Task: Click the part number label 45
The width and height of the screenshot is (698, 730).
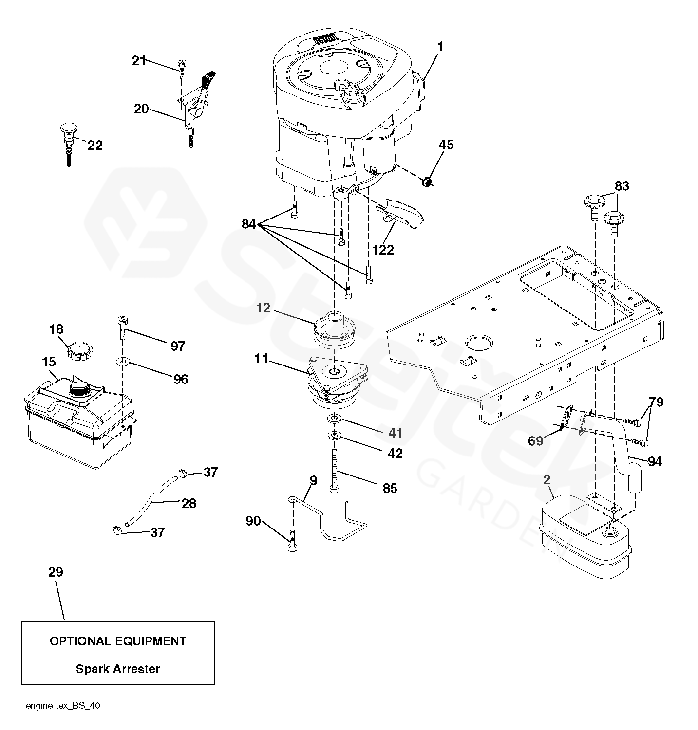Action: [x=446, y=145]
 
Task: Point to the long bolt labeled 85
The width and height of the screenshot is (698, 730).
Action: [x=335, y=471]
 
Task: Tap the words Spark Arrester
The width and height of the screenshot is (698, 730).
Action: [x=118, y=669]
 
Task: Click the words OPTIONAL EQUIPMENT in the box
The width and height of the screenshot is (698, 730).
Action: [x=118, y=641]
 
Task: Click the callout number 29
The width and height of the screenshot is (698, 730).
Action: [x=56, y=572]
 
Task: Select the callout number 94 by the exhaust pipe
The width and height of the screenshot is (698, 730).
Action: [x=655, y=461]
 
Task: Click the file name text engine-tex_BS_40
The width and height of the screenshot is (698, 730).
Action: [x=63, y=706]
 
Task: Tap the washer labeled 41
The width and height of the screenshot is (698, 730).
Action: [x=335, y=419]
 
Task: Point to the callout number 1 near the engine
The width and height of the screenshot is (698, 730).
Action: [x=440, y=47]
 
